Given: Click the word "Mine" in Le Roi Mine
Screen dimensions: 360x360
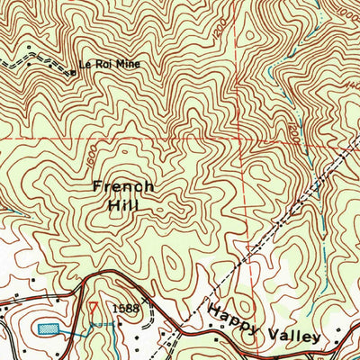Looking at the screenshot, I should pos(127,65).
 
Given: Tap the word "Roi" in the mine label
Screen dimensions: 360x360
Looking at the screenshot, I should pos(102,65).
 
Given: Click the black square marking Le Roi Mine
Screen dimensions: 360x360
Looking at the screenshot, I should pos(72,71).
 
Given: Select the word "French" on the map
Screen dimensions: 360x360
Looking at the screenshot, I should pos(123,186).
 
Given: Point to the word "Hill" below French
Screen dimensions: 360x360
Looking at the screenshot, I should pos(124,205).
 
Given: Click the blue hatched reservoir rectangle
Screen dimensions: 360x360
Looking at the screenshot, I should pos(49,327).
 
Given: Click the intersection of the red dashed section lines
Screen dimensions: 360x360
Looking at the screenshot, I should pos(243,140).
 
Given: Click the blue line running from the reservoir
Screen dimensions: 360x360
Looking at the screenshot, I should pos(76,333).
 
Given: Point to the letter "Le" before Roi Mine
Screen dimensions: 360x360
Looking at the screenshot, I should pos(85,65).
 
